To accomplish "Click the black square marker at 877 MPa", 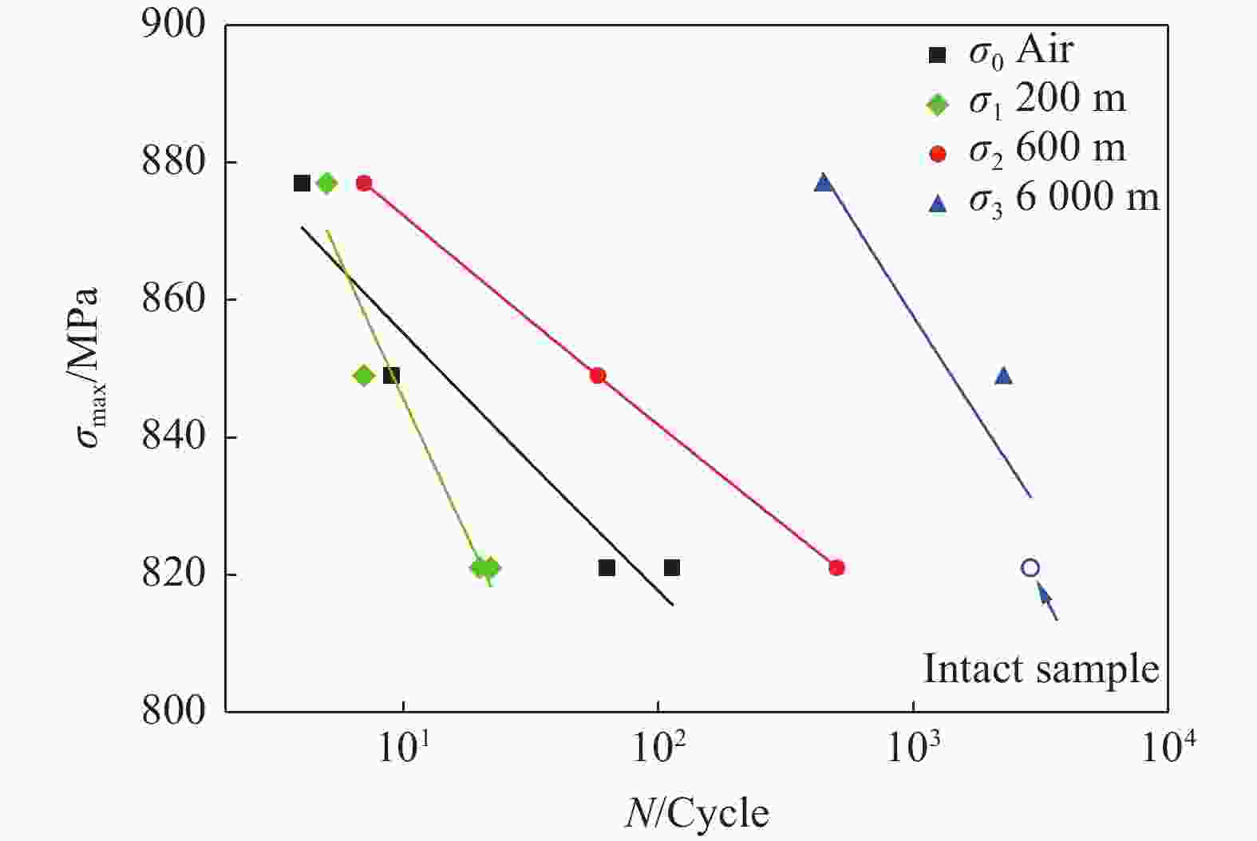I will point(302,184).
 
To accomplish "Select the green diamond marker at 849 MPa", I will point(364,376).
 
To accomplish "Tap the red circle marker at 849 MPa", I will point(598,376).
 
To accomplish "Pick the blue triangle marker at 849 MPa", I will point(1003,376).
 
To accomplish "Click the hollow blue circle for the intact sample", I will point(1030,568).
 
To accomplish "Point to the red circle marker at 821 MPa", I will point(836,568).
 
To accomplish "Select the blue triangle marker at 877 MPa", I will point(824,184).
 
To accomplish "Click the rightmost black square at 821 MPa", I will point(672,568).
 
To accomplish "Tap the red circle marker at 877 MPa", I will point(364,184).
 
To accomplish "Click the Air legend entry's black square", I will point(938,55).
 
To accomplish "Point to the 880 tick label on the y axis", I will point(173,163).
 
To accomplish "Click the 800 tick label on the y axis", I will point(173,711).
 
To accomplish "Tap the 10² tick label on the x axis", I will point(659,748).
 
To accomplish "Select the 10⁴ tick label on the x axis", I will point(1168,748).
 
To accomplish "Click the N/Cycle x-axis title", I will point(697,814).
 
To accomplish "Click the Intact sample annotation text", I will point(1041,669).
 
